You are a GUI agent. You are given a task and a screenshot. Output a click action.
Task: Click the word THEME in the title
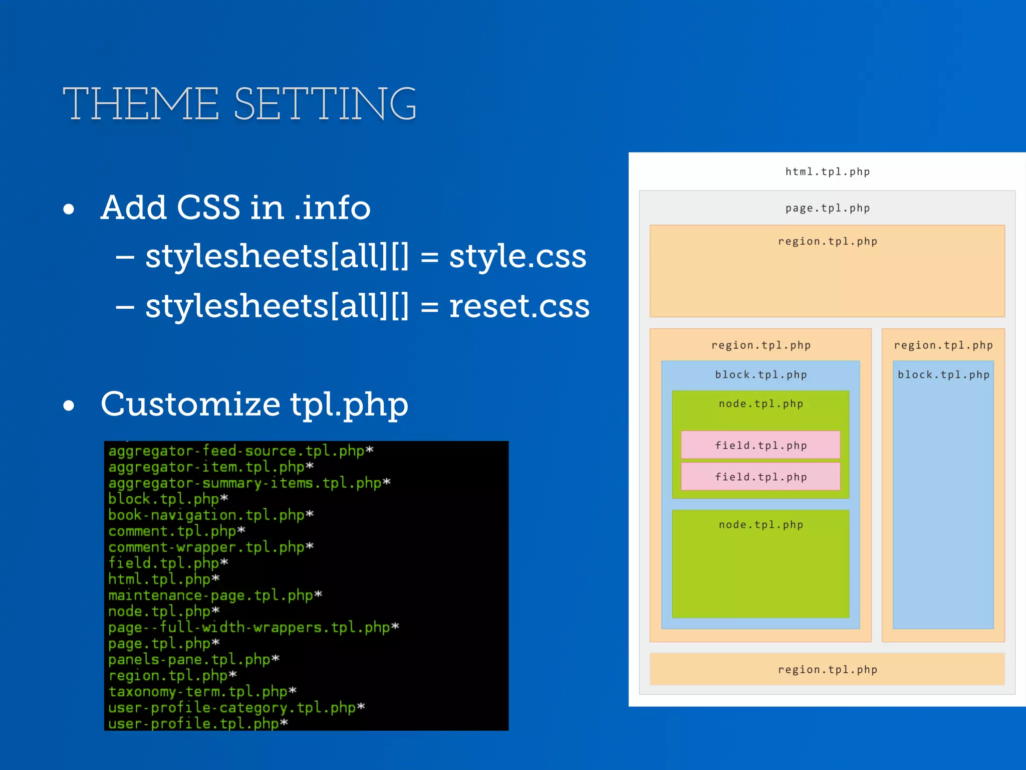pos(141,104)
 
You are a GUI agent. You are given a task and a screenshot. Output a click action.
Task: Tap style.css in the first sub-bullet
pos(517,257)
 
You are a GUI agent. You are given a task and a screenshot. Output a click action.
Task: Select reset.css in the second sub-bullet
pos(519,306)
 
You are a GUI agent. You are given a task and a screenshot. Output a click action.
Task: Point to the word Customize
pos(190,404)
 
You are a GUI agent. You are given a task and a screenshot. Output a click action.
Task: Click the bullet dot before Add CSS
pos(69,209)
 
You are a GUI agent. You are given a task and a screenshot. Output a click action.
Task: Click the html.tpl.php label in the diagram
pos(827,171)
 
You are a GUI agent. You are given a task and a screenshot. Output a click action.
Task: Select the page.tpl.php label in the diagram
pos(827,208)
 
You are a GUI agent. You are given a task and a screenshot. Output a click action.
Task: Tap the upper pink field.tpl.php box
pos(760,445)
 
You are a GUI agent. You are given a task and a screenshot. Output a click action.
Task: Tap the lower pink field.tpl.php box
pos(760,476)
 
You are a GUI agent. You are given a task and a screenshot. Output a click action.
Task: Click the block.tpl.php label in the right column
pos(943,374)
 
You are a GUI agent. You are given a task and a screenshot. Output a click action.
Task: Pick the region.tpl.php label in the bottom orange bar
pos(827,669)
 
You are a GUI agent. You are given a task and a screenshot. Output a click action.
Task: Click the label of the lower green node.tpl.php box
pos(760,524)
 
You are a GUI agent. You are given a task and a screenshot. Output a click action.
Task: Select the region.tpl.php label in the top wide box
pos(827,241)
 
